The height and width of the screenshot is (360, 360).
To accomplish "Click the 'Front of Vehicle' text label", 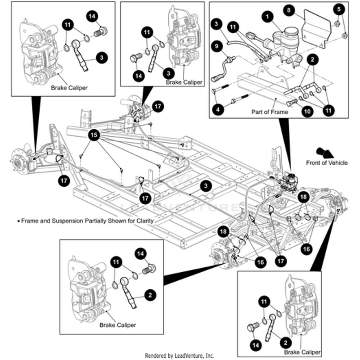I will coord(327,163).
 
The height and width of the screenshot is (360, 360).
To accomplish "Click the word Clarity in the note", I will coord(144,221).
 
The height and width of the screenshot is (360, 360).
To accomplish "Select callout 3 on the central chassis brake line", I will coord(206,186).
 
